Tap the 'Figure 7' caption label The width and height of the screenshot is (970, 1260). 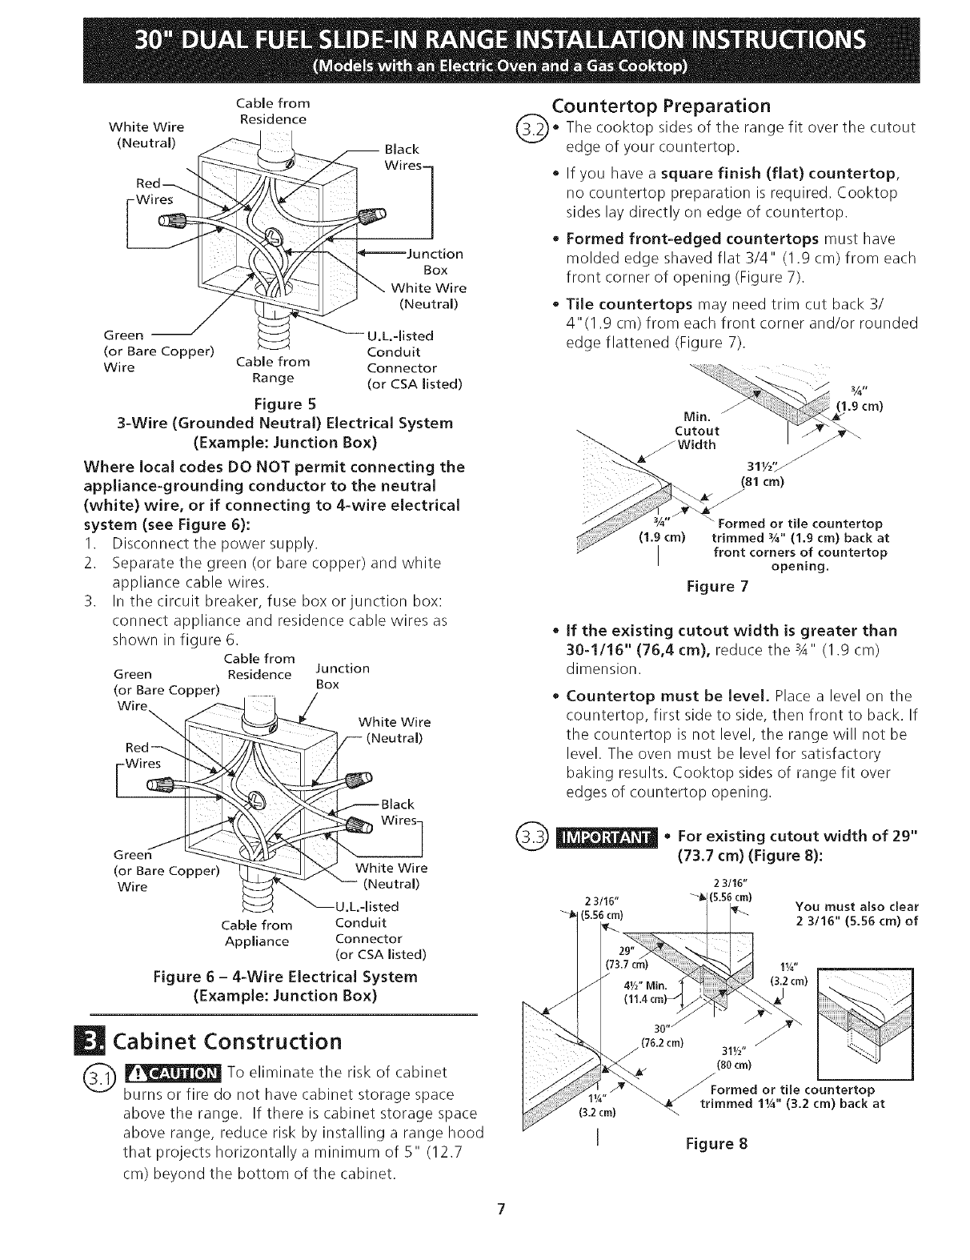click(x=717, y=587)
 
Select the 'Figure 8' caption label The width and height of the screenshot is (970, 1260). click(x=716, y=1143)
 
